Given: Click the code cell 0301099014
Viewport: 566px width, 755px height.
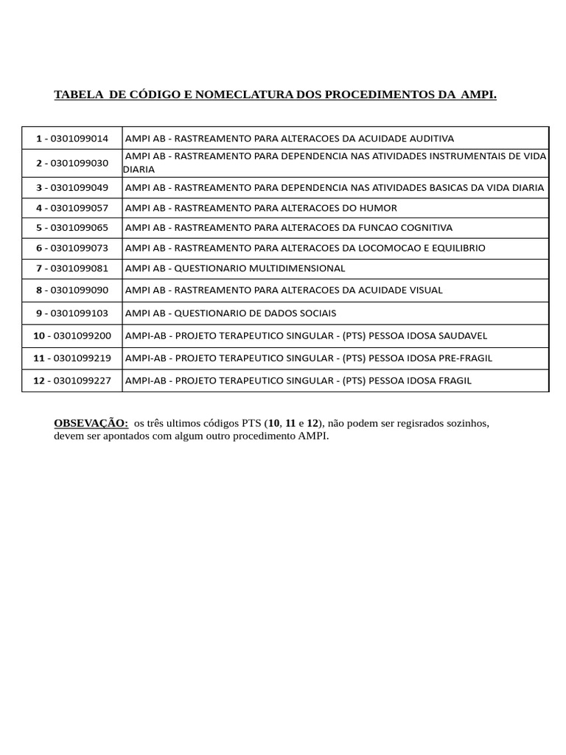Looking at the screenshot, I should click(x=72, y=138).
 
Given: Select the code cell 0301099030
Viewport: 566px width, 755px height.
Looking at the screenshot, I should click(x=72, y=163).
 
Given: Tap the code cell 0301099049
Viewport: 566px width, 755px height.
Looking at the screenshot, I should click(x=72, y=187).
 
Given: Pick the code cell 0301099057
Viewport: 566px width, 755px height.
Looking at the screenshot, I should click(x=72, y=208).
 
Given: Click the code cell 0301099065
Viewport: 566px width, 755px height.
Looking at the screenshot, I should click(x=72, y=228).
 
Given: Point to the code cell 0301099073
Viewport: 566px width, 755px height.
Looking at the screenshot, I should click(x=72, y=248).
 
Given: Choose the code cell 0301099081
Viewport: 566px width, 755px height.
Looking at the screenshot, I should click(x=72, y=268).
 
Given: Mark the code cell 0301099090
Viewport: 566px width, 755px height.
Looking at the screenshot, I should click(x=72, y=290).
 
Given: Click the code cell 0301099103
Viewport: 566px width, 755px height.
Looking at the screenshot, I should click(x=72, y=313).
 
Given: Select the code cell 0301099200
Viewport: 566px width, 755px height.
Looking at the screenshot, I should click(x=72, y=336).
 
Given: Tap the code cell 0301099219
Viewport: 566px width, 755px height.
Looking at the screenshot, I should click(x=72, y=358).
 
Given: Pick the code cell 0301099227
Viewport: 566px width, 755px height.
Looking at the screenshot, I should click(x=72, y=380).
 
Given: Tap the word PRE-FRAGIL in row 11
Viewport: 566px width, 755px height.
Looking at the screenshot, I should click(x=466, y=358).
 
